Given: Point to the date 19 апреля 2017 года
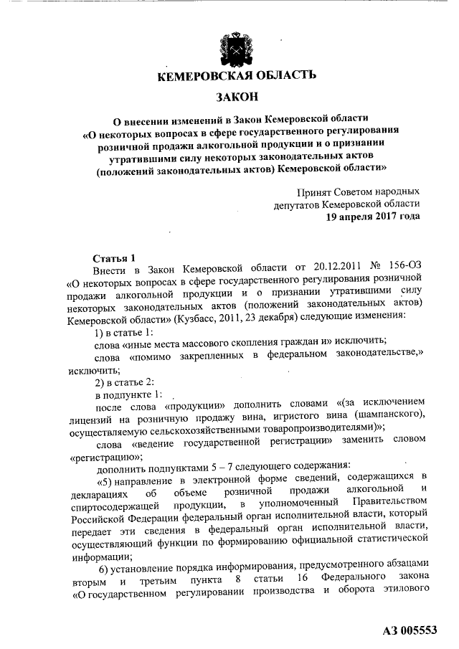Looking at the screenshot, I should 373,215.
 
